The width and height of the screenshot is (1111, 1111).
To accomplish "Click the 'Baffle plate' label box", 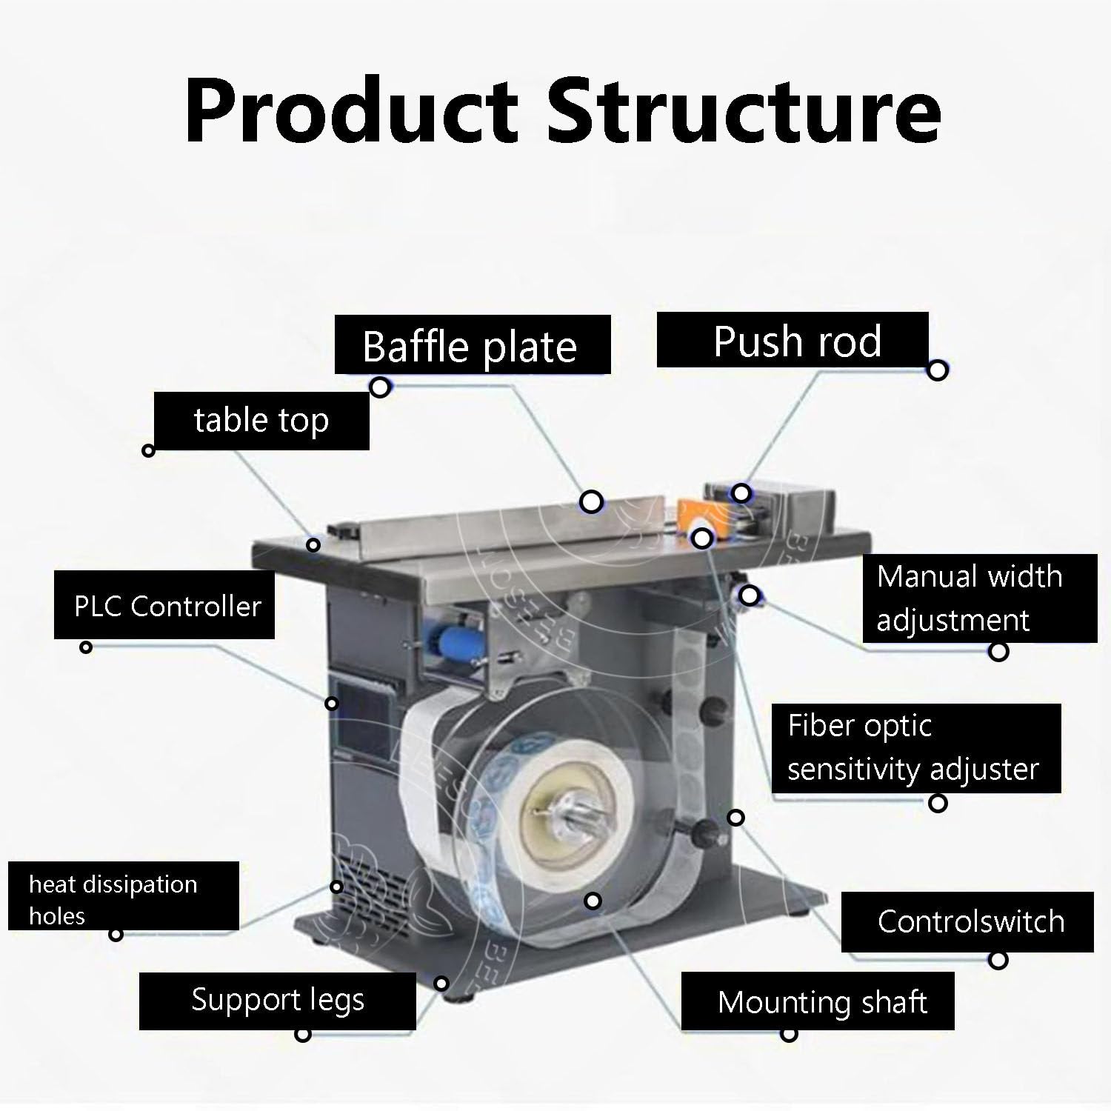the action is click(473, 344).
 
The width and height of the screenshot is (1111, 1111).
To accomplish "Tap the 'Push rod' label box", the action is click(793, 339).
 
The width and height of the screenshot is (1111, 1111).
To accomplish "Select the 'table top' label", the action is click(261, 421).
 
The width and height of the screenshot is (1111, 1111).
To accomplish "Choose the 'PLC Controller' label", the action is click(164, 605).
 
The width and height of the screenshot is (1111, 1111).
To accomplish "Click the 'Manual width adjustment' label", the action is click(980, 598).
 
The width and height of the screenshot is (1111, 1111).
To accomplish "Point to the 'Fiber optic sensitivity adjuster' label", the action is click(916, 748).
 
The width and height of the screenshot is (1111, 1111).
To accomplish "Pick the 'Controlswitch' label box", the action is click(967, 921).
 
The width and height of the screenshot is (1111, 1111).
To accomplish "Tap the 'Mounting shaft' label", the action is click(818, 1001).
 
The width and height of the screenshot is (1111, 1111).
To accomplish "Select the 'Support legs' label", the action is click(278, 1000).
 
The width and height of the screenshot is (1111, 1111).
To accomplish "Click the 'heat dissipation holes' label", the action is click(124, 895).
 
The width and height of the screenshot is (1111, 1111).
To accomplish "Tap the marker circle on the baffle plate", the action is click(591, 502).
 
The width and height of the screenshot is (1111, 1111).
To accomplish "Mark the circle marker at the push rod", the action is click(741, 493).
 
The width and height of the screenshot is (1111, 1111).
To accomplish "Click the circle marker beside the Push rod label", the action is click(938, 370).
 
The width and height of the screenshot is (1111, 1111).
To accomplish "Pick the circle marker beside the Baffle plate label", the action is click(380, 387).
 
